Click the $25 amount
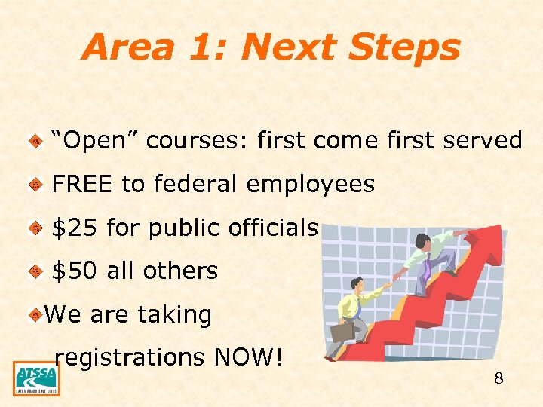tap(75, 228)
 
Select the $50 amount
tap(75, 271)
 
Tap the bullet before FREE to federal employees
tap(35, 185)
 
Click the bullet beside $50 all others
tap(35, 271)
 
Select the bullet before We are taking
tap(35, 315)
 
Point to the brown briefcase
tap(343, 331)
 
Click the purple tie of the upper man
tap(427, 265)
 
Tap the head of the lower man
tap(357, 286)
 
